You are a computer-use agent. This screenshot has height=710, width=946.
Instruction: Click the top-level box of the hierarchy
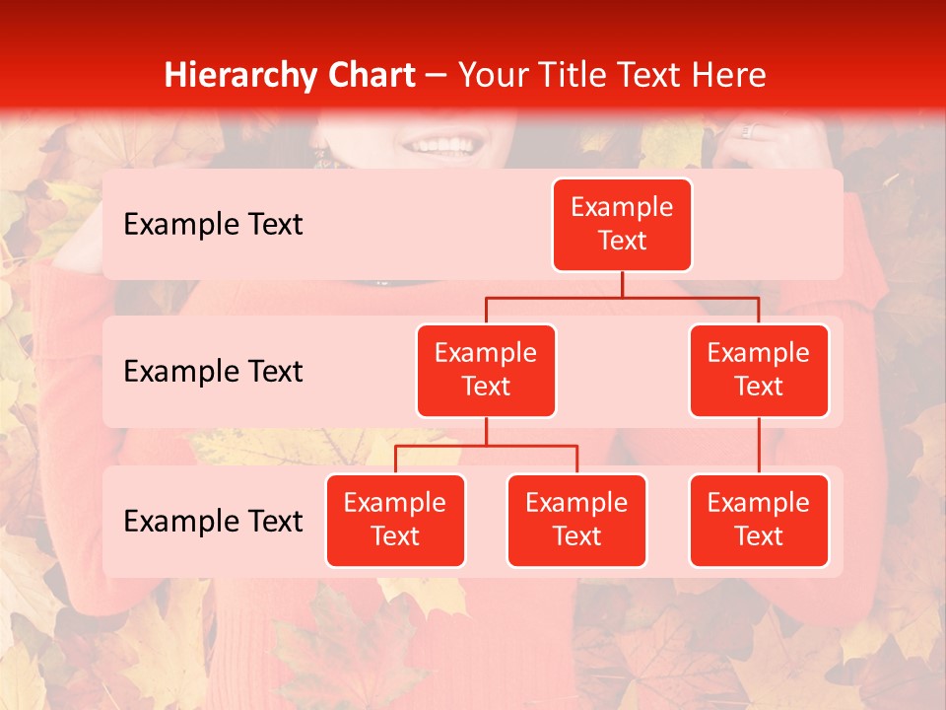(x=622, y=224)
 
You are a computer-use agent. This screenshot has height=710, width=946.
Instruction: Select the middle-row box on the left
(x=486, y=370)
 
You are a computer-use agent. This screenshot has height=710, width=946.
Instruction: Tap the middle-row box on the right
(x=759, y=370)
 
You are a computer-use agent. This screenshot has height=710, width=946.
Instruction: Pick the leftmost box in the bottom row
(x=395, y=520)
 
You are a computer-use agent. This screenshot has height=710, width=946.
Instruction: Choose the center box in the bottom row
(x=576, y=520)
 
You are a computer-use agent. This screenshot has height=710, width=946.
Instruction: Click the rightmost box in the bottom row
(x=759, y=520)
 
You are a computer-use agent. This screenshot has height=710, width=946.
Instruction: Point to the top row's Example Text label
(x=213, y=225)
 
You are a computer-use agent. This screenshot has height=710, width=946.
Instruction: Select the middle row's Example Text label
(x=213, y=372)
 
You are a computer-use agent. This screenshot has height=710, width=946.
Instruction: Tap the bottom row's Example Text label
(x=213, y=522)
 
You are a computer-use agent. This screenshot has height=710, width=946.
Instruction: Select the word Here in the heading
(x=729, y=75)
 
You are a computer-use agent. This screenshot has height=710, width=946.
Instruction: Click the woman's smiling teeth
(x=440, y=147)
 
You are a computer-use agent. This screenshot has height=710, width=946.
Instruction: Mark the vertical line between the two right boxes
(x=759, y=446)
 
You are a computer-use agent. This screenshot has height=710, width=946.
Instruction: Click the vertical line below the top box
(x=622, y=284)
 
